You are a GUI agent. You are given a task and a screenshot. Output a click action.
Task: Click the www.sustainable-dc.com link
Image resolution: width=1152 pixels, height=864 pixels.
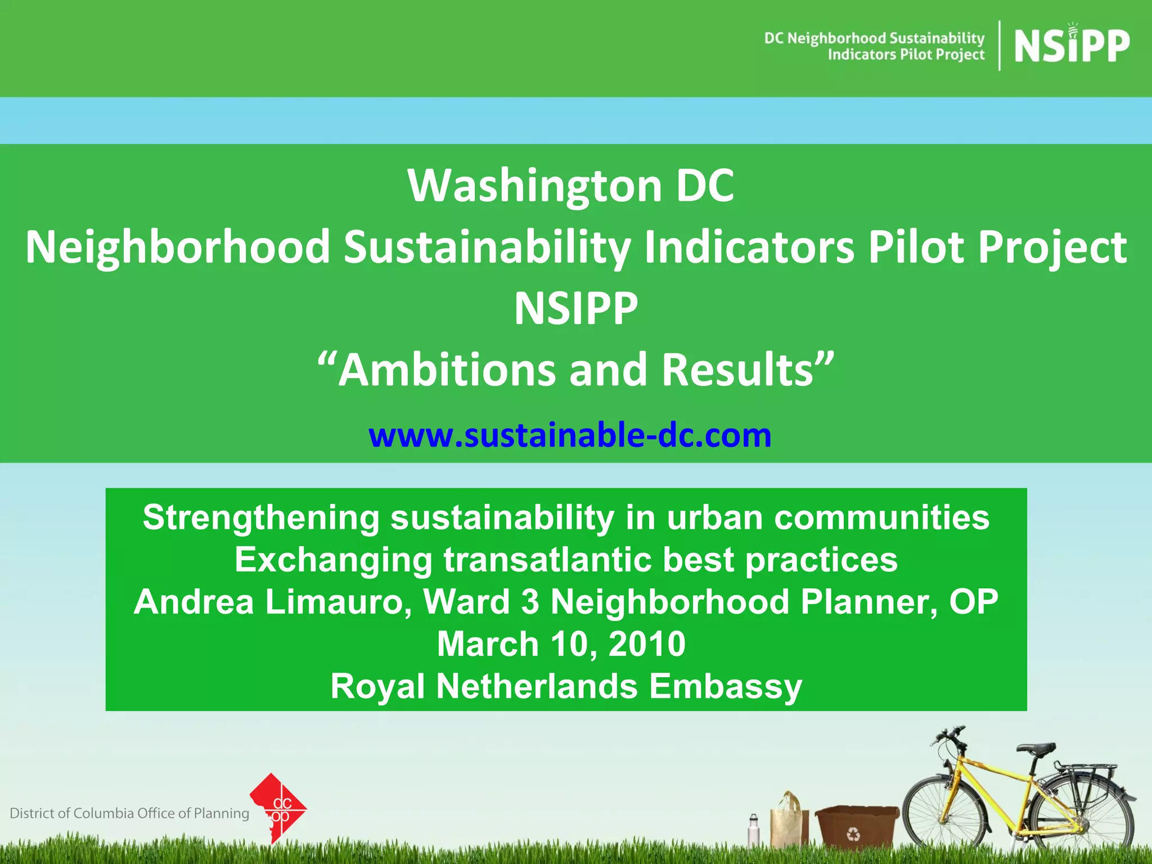pyautogui.click(x=570, y=435)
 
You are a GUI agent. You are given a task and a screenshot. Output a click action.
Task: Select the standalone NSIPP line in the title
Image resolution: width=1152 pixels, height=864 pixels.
pyautogui.click(x=576, y=308)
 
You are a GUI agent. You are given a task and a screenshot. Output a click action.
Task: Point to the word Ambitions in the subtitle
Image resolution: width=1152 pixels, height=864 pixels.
pyautogui.click(x=447, y=370)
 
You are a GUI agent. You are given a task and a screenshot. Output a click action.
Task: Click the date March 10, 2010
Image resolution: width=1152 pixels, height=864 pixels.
pyautogui.click(x=561, y=643)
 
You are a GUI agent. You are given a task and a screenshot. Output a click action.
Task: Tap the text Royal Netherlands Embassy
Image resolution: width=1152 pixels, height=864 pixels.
pyautogui.click(x=566, y=686)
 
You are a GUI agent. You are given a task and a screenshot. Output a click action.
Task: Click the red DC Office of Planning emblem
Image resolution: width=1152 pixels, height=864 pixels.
pyautogui.click(x=278, y=808)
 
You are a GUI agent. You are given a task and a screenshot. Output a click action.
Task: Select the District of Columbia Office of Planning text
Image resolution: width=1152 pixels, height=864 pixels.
pyautogui.click(x=129, y=813)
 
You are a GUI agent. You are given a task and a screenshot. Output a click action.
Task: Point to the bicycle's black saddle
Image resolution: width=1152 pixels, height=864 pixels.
pyautogui.click(x=1036, y=749)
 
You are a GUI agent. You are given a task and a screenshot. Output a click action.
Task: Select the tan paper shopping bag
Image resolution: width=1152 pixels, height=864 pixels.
pyautogui.click(x=790, y=821)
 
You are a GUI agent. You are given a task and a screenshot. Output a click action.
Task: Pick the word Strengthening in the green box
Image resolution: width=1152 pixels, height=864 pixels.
pyautogui.click(x=261, y=517)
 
